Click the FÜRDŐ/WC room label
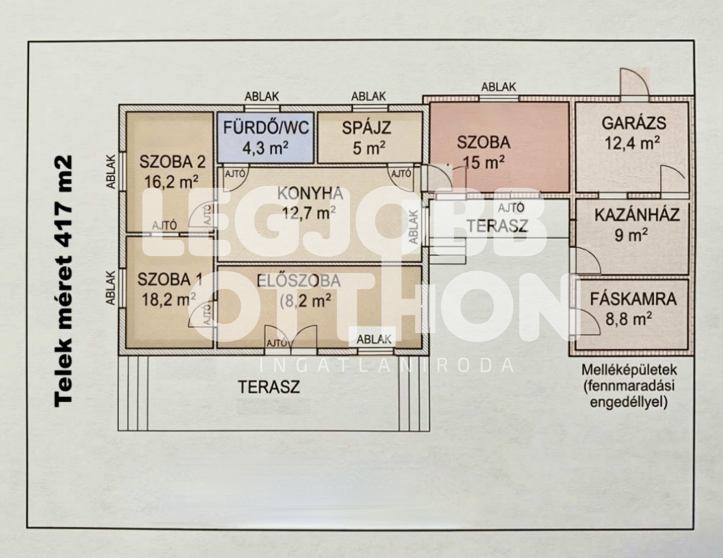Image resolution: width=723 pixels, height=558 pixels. [x=266, y=128]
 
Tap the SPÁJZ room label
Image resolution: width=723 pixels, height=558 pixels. [x=367, y=128]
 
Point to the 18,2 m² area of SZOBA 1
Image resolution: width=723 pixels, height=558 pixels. [x=169, y=300]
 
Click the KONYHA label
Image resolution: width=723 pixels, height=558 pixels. [x=310, y=193]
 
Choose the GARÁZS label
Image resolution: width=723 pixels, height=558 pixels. [x=634, y=123]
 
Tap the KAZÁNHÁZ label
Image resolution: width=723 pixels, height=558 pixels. [x=637, y=215]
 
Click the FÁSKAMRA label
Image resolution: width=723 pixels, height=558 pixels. [x=633, y=299]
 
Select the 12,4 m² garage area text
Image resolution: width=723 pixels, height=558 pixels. [x=632, y=144]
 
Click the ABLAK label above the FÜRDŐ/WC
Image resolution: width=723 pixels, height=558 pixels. [x=262, y=97]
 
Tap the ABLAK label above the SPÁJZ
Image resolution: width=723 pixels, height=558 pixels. [x=369, y=97]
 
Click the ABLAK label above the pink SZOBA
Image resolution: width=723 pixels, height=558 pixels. [x=498, y=87]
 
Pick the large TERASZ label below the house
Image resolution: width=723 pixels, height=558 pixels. [x=269, y=387]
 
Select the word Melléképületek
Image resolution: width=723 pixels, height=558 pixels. [x=629, y=370]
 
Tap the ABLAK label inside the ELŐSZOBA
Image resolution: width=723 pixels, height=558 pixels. [x=374, y=339]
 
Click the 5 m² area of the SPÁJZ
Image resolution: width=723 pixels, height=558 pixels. [x=369, y=148]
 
